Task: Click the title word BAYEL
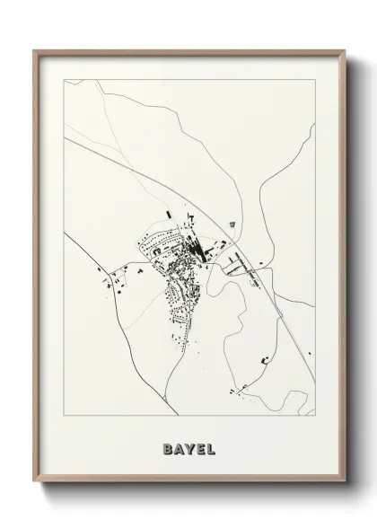click(x=188, y=446)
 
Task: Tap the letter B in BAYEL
click(x=168, y=446)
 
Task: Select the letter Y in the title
click(x=188, y=446)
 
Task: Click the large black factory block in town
click(x=200, y=248)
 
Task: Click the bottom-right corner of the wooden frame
click(x=343, y=484)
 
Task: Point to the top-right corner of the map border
click(x=317, y=79)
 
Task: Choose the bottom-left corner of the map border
click(x=62, y=416)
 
